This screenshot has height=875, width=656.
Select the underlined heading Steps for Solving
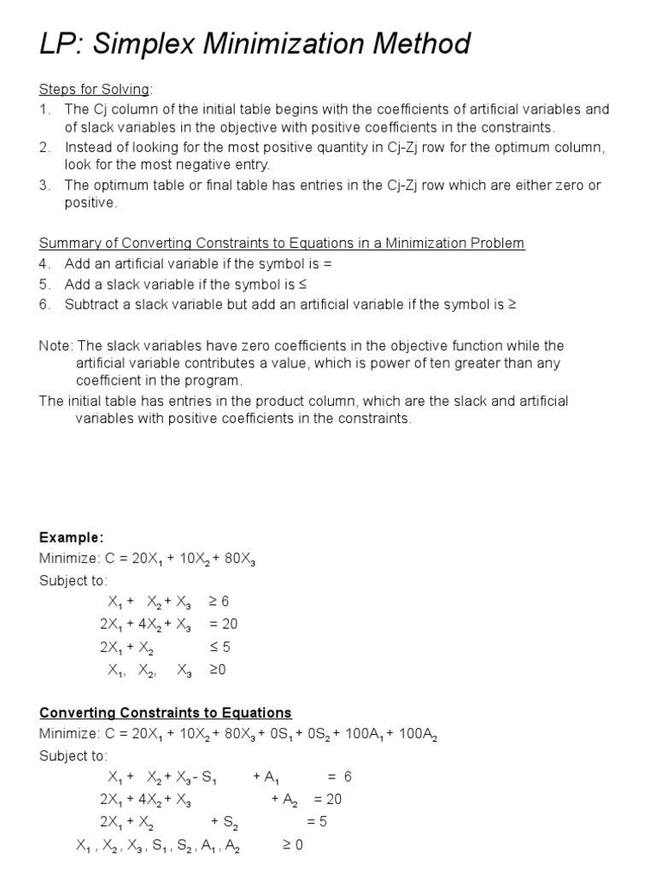point(94,90)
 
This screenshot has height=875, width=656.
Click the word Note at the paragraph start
point(55,346)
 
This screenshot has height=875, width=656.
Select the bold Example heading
point(71,537)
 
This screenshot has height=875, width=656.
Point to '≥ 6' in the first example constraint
point(220,602)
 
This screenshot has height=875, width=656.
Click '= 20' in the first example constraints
point(223,624)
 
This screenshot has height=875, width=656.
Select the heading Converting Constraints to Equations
point(166,713)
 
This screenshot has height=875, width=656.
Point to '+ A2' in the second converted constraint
point(284,800)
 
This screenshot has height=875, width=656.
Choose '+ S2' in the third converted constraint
point(225,822)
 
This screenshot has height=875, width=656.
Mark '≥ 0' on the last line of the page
point(292,844)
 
